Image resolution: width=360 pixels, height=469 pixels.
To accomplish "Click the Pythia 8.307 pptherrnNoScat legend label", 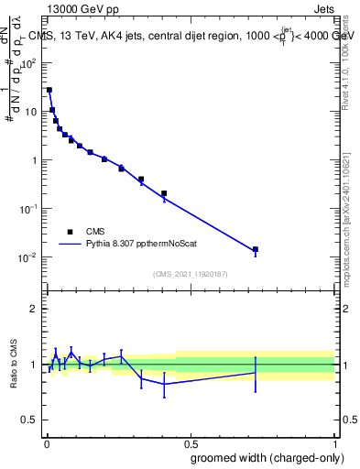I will [143, 245].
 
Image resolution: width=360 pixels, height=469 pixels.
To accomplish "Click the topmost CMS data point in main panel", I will [49, 90].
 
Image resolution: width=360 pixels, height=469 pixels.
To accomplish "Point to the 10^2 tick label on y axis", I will [31, 63].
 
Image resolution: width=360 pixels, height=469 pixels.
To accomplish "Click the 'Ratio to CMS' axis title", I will [13, 365].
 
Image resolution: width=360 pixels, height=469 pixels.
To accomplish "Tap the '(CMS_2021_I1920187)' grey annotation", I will [191, 274].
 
